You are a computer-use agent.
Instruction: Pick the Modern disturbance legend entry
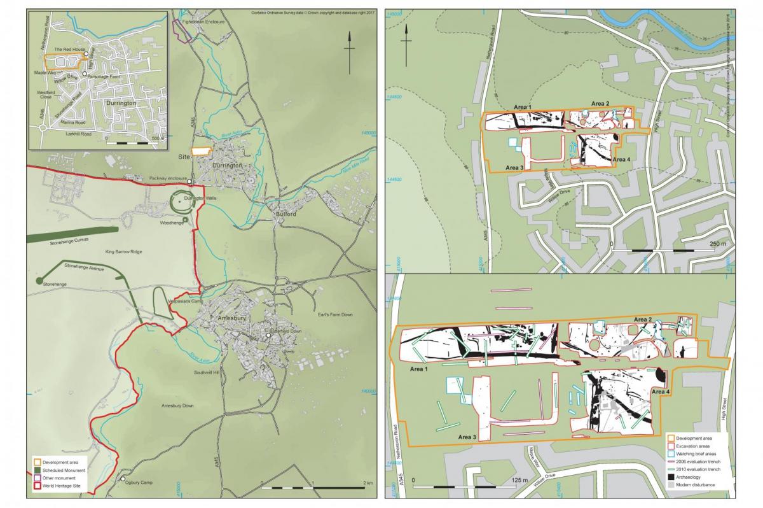click(x=700, y=485)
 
